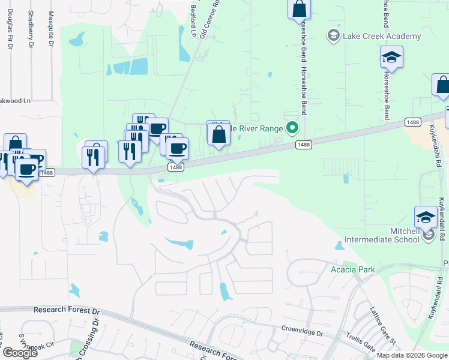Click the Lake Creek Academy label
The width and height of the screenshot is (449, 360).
coord(382,36)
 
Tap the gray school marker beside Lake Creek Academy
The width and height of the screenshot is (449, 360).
coord(333,36)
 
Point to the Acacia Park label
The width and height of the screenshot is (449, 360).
coord(353,269)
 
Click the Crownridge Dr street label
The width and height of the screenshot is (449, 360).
coord(303,331)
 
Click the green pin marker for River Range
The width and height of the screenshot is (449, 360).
coord(292,127)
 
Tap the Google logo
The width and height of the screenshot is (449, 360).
coord(19,353)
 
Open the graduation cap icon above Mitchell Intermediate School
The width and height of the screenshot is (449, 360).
coord(426,216)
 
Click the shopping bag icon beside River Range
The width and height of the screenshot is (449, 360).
coord(218,135)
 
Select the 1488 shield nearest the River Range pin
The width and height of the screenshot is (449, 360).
coord(304,144)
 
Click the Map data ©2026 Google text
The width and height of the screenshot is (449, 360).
coord(411,355)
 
